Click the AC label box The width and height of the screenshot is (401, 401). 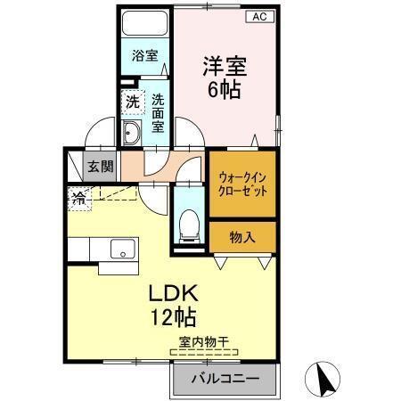click(259, 16)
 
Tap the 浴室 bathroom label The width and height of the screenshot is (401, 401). click(145, 55)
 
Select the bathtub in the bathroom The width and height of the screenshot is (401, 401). click(145, 26)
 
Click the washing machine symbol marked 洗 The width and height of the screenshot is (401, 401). click(131, 101)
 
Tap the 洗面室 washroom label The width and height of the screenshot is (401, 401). click(158, 114)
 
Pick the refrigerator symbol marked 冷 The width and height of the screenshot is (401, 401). click(78, 199)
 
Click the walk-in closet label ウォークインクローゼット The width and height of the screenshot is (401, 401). click(242, 184)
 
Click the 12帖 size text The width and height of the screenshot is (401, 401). click(173, 315)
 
